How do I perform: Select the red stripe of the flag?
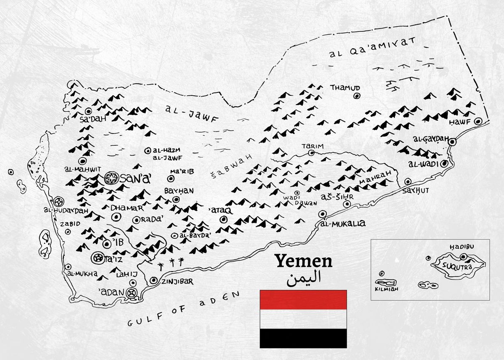pyautogui.click(x=303, y=300)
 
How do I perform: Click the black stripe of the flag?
pyautogui.click(x=303, y=338)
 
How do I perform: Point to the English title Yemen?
pyautogui.click(x=303, y=261)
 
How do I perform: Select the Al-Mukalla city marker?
pyautogui.click(x=322, y=214)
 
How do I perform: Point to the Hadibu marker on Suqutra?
pyautogui.click(x=463, y=257)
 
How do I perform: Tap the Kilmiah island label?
pyautogui.click(x=386, y=289)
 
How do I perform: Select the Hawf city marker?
pyautogui.click(x=478, y=121)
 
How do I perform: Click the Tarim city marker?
pyautogui.click(x=311, y=153)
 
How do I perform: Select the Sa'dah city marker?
pyautogui.click(x=88, y=111)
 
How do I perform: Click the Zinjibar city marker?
pyautogui.click(x=154, y=280)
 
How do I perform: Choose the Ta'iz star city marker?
pyautogui.click(x=98, y=257)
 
